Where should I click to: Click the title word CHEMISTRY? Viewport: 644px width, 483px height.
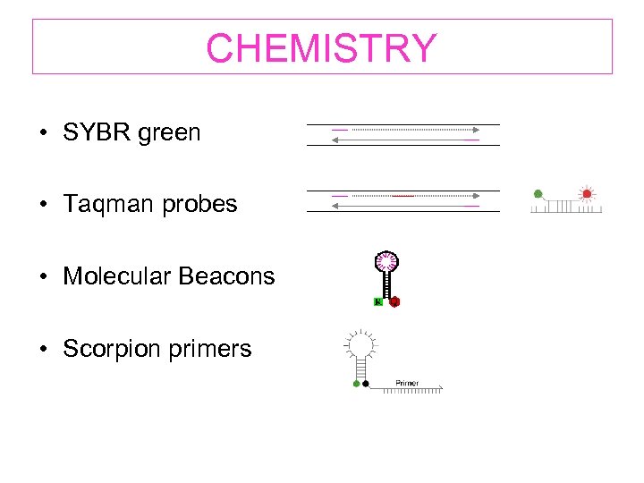tap(321, 48)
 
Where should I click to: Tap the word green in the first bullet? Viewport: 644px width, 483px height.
tap(170, 133)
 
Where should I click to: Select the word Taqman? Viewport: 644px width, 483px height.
tap(106, 205)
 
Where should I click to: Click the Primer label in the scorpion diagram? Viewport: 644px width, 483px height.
tap(407, 383)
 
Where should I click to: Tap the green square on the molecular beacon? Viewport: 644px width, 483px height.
tap(378, 302)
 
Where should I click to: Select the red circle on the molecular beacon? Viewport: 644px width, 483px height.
tap(394, 302)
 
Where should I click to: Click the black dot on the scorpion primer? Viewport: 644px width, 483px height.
tap(366, 384)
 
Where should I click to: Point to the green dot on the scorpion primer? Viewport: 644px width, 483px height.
tap(356, 384)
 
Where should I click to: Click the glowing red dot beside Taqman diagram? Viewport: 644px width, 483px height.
tap(587, 193)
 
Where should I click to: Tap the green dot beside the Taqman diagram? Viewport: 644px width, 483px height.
tap(538, 193)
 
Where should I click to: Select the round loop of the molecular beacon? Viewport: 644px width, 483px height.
tap(386, 262)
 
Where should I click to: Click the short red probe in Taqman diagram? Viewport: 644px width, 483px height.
tap(402, 194)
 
